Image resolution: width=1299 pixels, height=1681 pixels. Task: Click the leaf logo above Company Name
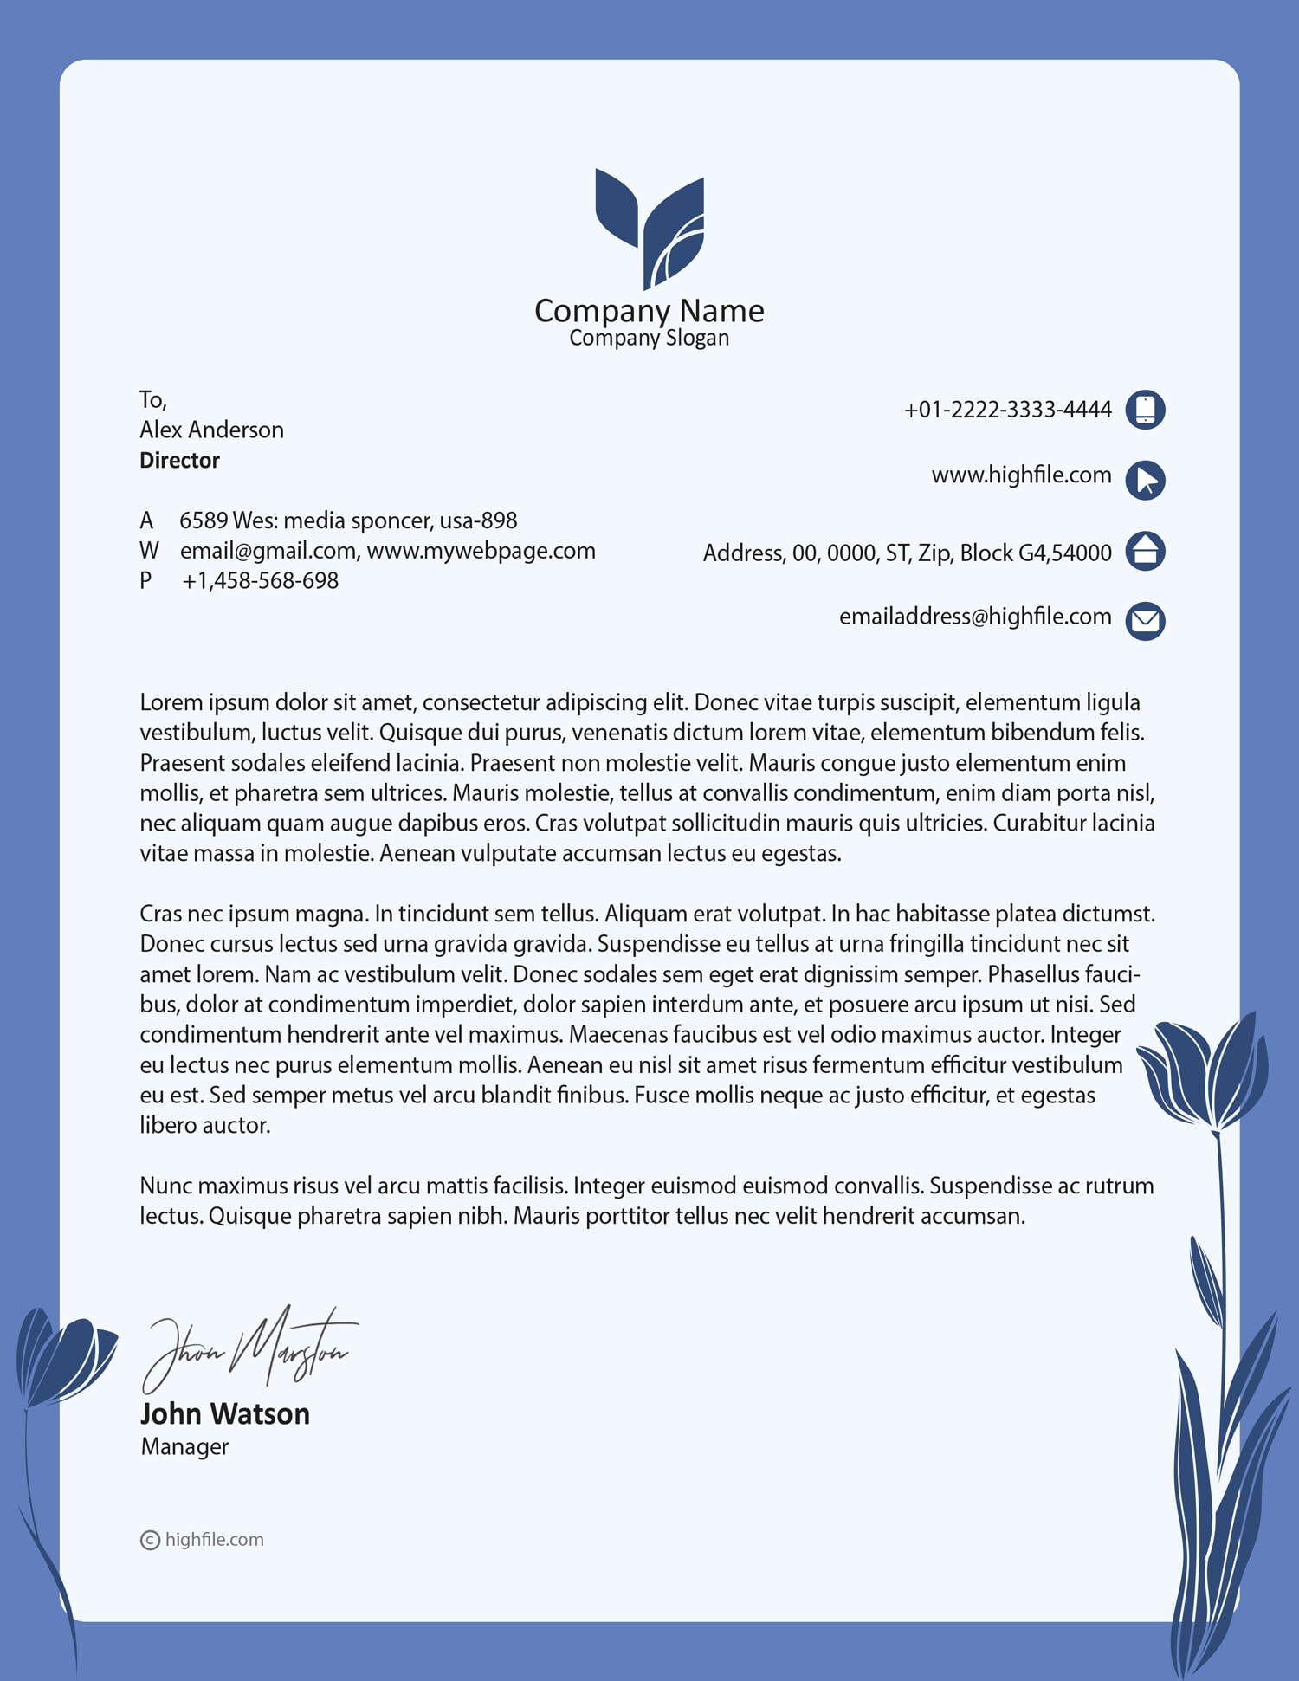pos(649,229)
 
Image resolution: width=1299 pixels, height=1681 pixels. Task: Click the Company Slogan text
pos(649,338)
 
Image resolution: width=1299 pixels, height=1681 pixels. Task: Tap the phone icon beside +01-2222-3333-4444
pos(1145,410)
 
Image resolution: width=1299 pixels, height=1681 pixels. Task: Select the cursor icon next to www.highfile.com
pos(1145,480)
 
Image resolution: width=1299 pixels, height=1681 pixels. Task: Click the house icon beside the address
pos(1145,551)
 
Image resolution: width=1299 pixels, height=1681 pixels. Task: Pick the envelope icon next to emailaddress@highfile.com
pos(1145,620)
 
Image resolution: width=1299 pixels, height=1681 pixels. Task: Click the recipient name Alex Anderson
pos(211,430)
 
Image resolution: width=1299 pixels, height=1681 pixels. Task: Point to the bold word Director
pos(179,460)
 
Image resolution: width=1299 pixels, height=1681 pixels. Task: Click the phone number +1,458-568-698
pos(260,580)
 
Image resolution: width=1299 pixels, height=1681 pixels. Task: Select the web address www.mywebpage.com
pos(481,551)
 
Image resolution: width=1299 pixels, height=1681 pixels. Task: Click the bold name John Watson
pos(224,1413)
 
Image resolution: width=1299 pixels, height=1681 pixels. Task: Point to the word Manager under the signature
pos(184,1446)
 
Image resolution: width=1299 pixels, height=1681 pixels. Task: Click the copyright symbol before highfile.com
pos(150,1540)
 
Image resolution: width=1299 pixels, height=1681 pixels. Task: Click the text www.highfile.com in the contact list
pos(1021,475)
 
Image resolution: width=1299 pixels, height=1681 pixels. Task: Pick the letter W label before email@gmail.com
pos(149,551)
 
